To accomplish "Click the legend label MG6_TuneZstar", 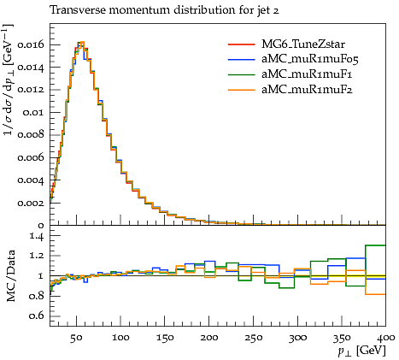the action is (303, 44).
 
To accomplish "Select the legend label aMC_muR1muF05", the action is (310, 59).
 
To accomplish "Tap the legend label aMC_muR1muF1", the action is (307, 74).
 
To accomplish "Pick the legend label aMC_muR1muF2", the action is (307, 90).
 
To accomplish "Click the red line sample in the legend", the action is (241, 44).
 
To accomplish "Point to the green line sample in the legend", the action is (241, 74).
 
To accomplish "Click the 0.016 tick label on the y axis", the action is (31, 44).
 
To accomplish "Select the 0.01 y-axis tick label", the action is (33, 112).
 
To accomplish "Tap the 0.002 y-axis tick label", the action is (31, 203).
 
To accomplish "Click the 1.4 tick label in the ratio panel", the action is (37, 236).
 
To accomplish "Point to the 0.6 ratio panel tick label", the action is (37, 316).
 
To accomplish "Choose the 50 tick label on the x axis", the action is (76, 338).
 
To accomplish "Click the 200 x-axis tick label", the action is (209, 338).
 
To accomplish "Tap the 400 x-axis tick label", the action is (386, 338).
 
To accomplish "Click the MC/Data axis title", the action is (10, 276).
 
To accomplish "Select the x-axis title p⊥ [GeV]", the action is (361, 351).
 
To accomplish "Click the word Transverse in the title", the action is (78, 10).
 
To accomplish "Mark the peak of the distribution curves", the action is (82, 42).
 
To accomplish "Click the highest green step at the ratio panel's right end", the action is (375, 245).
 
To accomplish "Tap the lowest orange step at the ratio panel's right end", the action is (375, 294).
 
